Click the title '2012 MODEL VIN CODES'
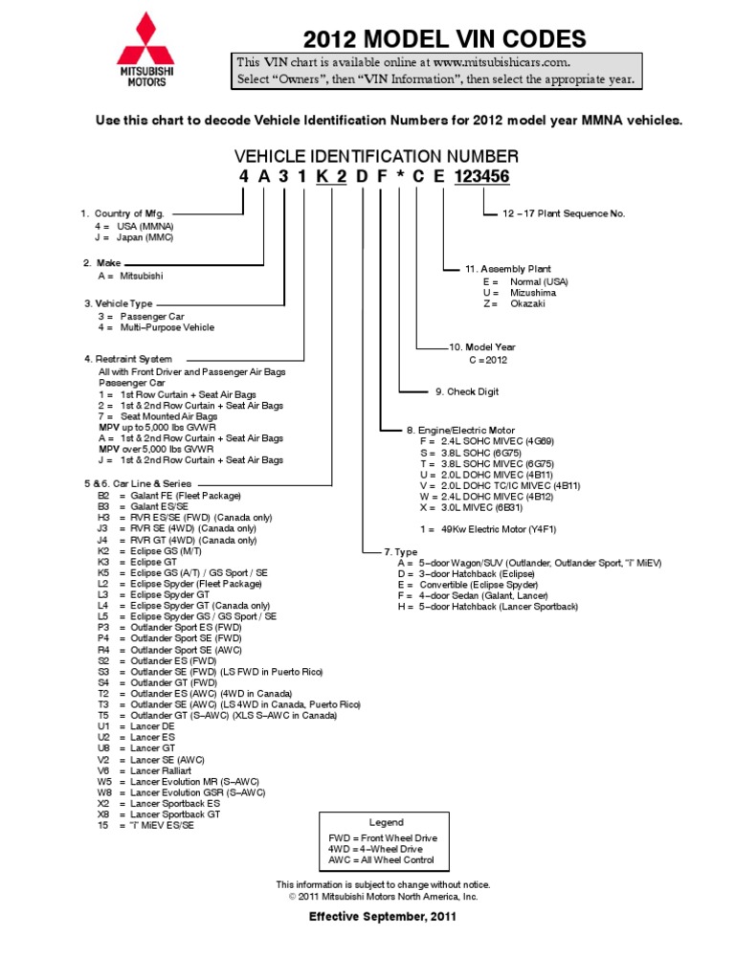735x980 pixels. [444, 39]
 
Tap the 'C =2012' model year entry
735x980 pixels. [488, 360]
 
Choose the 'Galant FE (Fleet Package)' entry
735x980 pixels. [179, 496]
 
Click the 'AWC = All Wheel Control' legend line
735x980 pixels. [381, 860]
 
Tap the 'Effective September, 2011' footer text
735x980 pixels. [382, 917]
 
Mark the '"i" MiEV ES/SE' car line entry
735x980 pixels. [157, 826]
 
